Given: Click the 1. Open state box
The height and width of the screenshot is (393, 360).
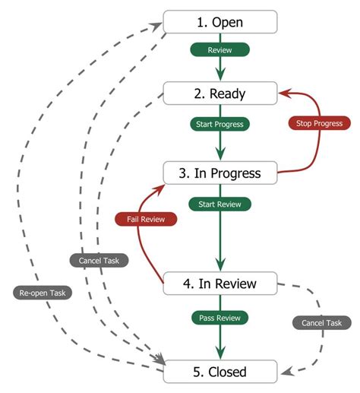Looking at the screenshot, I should (220, 22).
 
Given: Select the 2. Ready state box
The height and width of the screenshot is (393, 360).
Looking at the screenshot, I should (220, 94).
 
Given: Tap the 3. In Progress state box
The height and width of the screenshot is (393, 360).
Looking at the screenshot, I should (220, 173).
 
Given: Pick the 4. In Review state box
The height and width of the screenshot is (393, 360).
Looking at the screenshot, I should (220, 284).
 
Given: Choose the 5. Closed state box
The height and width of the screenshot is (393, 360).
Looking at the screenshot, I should (220, 372).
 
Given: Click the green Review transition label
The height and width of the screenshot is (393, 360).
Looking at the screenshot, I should (220, 49).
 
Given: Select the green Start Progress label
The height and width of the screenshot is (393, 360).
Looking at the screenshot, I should (220, 123).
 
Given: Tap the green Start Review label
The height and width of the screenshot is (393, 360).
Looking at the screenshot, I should (220, 204).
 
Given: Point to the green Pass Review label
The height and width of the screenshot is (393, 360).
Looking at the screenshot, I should (220, 317).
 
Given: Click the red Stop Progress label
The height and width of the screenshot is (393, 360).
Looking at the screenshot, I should (319, 123).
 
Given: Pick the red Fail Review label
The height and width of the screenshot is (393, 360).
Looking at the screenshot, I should (146, 219).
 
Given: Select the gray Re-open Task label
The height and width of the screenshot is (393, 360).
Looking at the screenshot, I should (43, 292).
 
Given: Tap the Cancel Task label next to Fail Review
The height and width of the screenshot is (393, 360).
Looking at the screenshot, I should (99, 261).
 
